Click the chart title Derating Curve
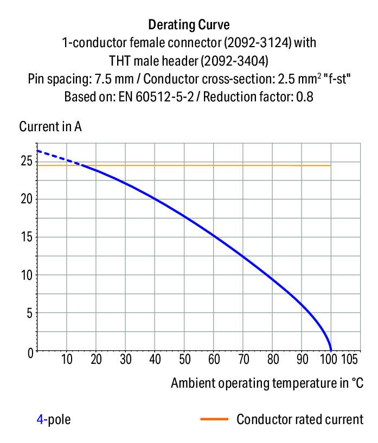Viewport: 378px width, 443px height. click(x=189, y=24)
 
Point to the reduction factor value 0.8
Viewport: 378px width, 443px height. click(x=305, y=97)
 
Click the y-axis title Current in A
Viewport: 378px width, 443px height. click(x=50, y=127)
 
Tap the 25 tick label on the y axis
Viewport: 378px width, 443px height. click(x=26, y=161)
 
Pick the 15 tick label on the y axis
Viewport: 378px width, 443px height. click(x=26, y=237)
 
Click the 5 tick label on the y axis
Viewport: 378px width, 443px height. click(x=30, y=313)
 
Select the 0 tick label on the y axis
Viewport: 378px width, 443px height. click(x=30, y=352)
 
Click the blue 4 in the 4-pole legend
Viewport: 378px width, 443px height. click(x=40, y=419)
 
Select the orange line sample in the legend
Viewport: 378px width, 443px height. click(x=214, y=419)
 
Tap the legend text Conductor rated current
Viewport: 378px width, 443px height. click(x=299, y=419)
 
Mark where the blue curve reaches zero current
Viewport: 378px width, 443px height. click(x=331, y=351)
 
